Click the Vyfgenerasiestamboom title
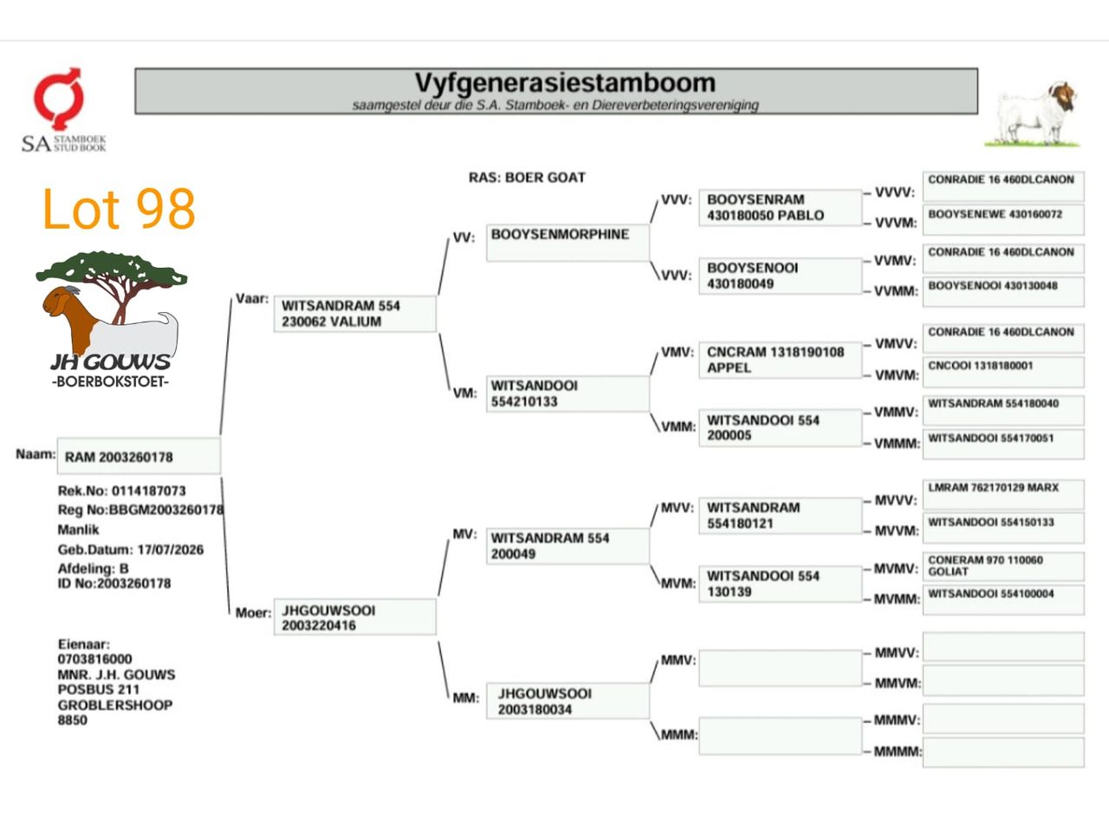pyautogui.click(x=565, y=83)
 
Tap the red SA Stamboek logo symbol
pyautogui.click(x=58, y=99)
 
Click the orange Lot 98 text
pyautogui.click(x=119, y=209)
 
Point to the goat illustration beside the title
pyautogui.click(x=1033, y=114)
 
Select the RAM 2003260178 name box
pyautogui.click(x=139, y=456)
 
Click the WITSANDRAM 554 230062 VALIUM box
pyautogui.click(x=354, y=314)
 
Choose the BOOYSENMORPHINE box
pyautogui.click(x=567, y=243)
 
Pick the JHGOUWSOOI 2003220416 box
pyautogui.click(x=354, y=617)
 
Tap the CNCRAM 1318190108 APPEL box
pyautogui.click(x=780, y=361)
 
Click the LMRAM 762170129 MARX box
pyautogui.click(x=1003, y=495)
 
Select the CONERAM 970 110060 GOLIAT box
pyautogui.click(x=1003, y=566)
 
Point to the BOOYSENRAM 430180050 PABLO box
pyautogui.click(x=780, y=208)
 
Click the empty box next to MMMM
pyautogui.click(x=1003, y=752)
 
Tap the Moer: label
pyautogui.click(x=253, y=613)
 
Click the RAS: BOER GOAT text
pyautogui.click(x=527, y=178)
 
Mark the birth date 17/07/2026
pyautogui.click(x=171, y=549)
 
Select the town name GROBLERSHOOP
pyautogui.click(x=115, y=705)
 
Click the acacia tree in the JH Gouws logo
pyautogui.click(x=112, y=283)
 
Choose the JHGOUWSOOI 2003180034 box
pyautogui.click(x=567, y=701)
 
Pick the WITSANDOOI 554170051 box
pyautogui.click(x=1003, y=445)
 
